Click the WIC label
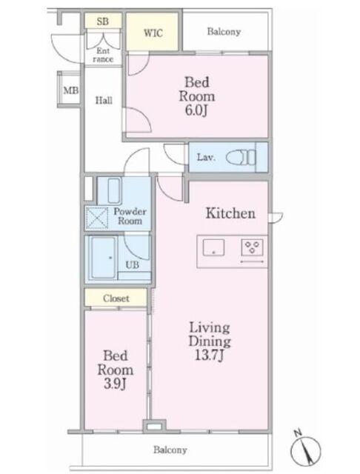(x=153, y=33)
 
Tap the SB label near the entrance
(x=103, y=21)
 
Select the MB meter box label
(x=71, y=90)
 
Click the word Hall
(x=104, y=100)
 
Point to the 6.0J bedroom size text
(x=196, y=110)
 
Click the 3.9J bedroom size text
(x=115, y=384)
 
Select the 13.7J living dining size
(x=210, y=355)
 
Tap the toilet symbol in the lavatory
(x=241, y=157)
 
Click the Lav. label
(x=206, y=157)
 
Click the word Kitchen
(x=230, y=213)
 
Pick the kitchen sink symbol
(x=213, y=247)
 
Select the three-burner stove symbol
(x=252, y=247)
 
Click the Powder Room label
(x=130, y=216)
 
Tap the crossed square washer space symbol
(x=97, y=218)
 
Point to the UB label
(x=132, y=265)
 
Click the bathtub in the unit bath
(x=104, y=258)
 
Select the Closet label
(x=116, y=298)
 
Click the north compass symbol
(x=305, y=449)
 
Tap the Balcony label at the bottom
(x=170, y=450)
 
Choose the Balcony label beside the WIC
(x=224, y=31)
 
